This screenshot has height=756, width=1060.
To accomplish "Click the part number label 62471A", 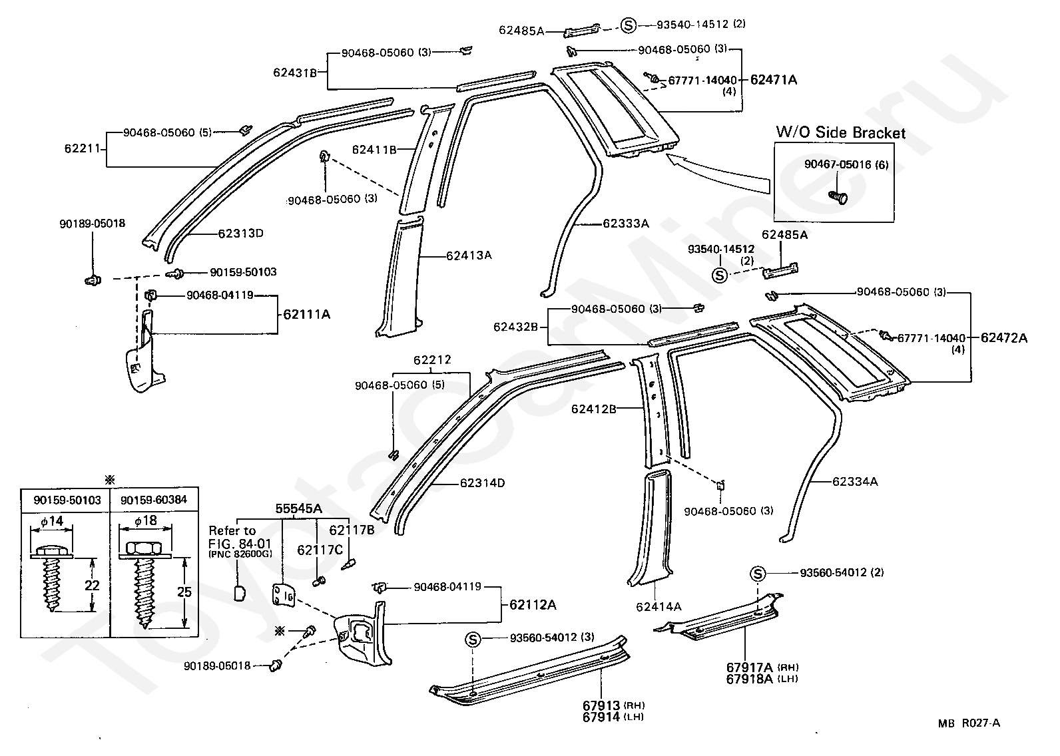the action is click(x=774, y=79).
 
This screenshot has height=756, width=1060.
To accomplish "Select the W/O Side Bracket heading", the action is click(x=841, y=133).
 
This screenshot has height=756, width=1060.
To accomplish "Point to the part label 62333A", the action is click(x=626, y=224).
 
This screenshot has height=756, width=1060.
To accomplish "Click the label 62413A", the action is click(x=469, y=256).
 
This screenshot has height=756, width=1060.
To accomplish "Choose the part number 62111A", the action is click(x=307, y=314).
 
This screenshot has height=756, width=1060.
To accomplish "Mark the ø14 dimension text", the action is click(x=52, y=521).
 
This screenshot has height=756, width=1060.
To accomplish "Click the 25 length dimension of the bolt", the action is click(x=184, y=592).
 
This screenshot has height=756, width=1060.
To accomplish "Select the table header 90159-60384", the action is click(x=154, y=500).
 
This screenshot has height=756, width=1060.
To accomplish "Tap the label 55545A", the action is click(x=298, y=508).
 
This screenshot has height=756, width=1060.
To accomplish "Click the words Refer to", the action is click(x=232, y=531).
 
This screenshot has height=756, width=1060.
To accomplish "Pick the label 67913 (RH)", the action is click(x=614, y=706).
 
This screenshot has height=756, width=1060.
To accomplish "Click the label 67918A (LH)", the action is click(x=762, y=679).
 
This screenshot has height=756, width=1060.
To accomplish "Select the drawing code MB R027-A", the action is click(x=969, y=723).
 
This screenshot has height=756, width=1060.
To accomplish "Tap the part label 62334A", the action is click(x=855, y=482).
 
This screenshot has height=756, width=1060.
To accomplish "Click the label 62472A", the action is click(x=1004, y=338).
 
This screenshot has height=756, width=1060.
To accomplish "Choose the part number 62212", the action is click(x=432, y=360).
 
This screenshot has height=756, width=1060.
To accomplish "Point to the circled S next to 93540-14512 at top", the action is click(x=629, y=25).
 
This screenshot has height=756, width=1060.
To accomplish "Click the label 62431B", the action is click(x=295, y=73).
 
